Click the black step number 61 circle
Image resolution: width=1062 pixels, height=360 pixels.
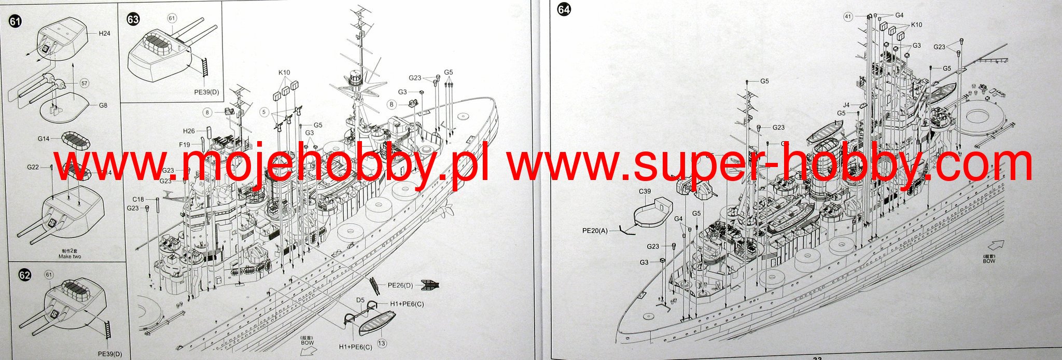click(15, 21)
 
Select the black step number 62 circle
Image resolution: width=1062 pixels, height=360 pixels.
click(24, 275)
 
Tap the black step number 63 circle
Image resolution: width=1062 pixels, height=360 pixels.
click(133, 19)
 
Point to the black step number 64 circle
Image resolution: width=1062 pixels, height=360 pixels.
click(563, 9)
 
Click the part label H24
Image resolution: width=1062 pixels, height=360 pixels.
click(104, 33)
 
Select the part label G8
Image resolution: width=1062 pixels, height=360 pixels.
click(103, 105)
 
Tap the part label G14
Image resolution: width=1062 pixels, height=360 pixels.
click(44, 139)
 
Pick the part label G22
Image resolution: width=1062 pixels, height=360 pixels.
click(33, 167)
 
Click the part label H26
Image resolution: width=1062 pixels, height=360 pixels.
click(189, 131)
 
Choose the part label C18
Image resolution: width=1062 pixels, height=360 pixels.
click(138, 199)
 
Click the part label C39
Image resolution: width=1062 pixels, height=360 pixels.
click(645, 191)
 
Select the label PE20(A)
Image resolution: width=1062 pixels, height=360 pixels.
click(595, 230)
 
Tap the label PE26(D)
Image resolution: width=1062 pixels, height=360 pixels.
click(400, 285)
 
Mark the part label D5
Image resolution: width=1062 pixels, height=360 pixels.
click(360, 300)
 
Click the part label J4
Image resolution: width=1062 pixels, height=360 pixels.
click(846, 105)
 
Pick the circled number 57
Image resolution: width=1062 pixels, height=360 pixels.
click(85, 83)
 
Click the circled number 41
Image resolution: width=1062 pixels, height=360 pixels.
click(848, 17)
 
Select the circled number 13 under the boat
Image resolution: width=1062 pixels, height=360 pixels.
click(382, 343)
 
